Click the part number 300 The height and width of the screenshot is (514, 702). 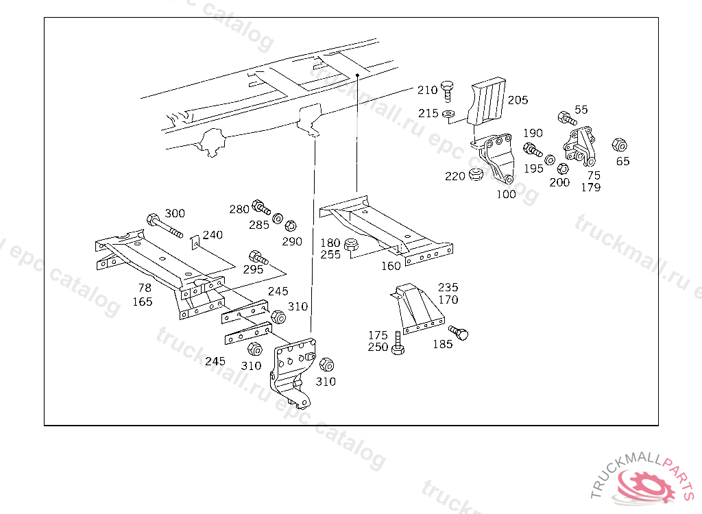coord(175,214)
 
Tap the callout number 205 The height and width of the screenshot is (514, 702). coord(518,100)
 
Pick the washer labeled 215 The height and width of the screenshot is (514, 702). coord(448,113)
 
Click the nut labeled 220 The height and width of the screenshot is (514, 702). coord(474,177)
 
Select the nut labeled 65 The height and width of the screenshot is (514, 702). coord(618,145)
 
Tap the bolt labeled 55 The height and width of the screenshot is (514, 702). coord(566,117)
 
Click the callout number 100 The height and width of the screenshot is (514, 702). coord(506,195)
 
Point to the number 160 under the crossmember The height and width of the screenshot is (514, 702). coord(391,267)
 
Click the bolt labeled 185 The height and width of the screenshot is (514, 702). coord(462,333)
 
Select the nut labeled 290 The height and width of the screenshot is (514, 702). coord(290,225)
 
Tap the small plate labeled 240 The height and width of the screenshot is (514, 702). coord(194,241)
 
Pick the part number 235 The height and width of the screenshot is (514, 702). coord(448,287)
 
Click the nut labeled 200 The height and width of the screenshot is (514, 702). coord(561,169)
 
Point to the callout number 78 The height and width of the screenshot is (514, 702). coord(145,289)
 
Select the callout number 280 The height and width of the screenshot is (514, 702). coord(239,209)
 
